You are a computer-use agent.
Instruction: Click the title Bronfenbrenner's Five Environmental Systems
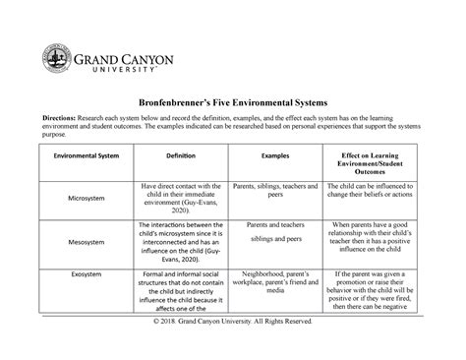[x=233, y=102]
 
